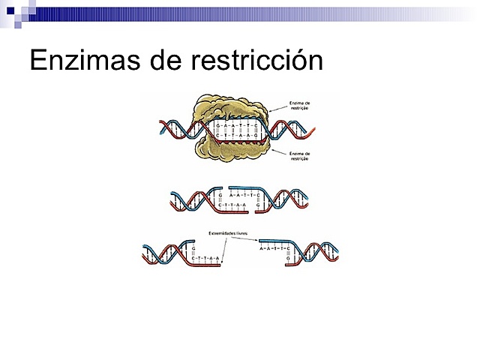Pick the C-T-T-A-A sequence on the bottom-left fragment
(204, 258)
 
